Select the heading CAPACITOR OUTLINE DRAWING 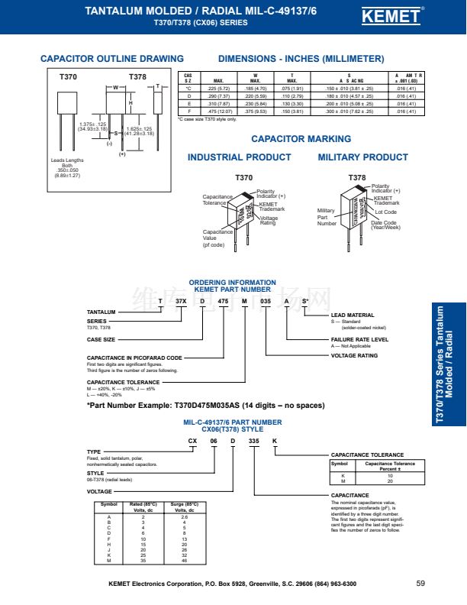coord(111,59)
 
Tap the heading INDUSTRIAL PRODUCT coord(239,157)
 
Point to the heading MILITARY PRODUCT coord(362,157)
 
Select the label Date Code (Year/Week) coord(385,225)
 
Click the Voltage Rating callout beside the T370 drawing coord(268,220)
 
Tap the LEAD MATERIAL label coord(352,315)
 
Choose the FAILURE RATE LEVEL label coord(359,339)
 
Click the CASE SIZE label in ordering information coord(101,339)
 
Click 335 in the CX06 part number coord(253,442)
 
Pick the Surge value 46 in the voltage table coord(184,561)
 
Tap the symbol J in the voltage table coord(109,549)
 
